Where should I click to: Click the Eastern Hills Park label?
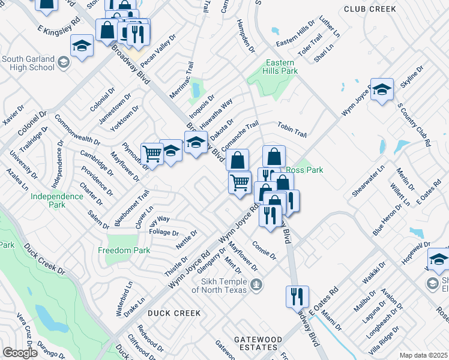pos(281,67)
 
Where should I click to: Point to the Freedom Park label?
pos(124,250)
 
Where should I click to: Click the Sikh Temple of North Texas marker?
pos(256,283)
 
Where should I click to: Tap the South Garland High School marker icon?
pos(63,62)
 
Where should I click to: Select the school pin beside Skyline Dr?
pos(381,89)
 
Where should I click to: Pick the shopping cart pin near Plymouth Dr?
pos(152,154)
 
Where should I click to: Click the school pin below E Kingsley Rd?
pos(82,45)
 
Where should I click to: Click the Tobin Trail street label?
pos(292,129)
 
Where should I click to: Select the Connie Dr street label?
pos(264,251)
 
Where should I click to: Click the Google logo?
pos(20,353)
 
